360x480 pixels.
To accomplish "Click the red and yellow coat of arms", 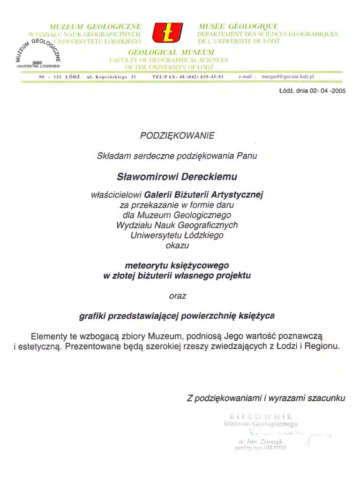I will (x=168, y=32).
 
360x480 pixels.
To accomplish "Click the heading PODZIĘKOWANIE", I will (x=177, y=135).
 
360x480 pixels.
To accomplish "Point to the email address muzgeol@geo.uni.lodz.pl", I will (x=288, y=75).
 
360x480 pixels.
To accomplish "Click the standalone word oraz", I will (x=177, y=296).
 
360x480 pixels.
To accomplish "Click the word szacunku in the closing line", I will (x=326, y=398).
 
